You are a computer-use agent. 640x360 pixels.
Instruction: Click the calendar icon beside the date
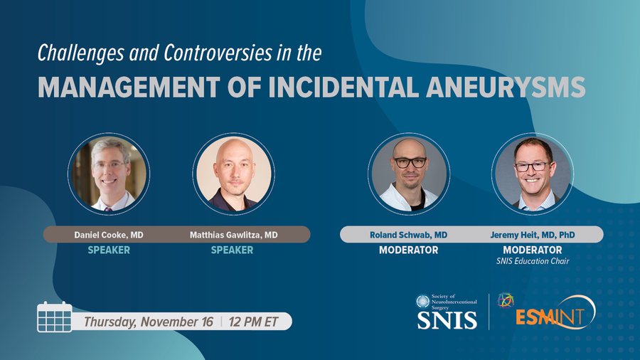pyautogui.click(x=55, y=317)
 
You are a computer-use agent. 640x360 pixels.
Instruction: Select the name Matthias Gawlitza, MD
pyautogui.click(x=233, y=234)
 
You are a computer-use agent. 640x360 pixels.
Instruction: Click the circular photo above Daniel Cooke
pyautogui.click(x=109, y=174)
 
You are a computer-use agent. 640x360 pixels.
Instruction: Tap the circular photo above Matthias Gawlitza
pyautogui.click(x=233, y=174)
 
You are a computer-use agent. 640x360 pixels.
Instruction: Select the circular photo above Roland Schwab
pyautogui.click(x=408, y=174)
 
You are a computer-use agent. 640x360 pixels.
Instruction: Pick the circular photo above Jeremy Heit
pyautogui.click(x=533, y=174)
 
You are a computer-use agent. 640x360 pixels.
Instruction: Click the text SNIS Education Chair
pyautogui.click(x=533, y=261)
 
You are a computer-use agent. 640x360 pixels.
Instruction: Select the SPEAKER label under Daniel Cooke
pyautogui.click(x=109, y=250)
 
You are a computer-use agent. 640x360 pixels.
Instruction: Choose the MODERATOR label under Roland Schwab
pyautogui.click(x=408, y=250)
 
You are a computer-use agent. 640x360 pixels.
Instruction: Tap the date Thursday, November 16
pyautogui.click(x=149, y=321)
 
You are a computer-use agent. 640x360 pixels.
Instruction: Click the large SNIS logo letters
pyautogui.click(x=447, y=319)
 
